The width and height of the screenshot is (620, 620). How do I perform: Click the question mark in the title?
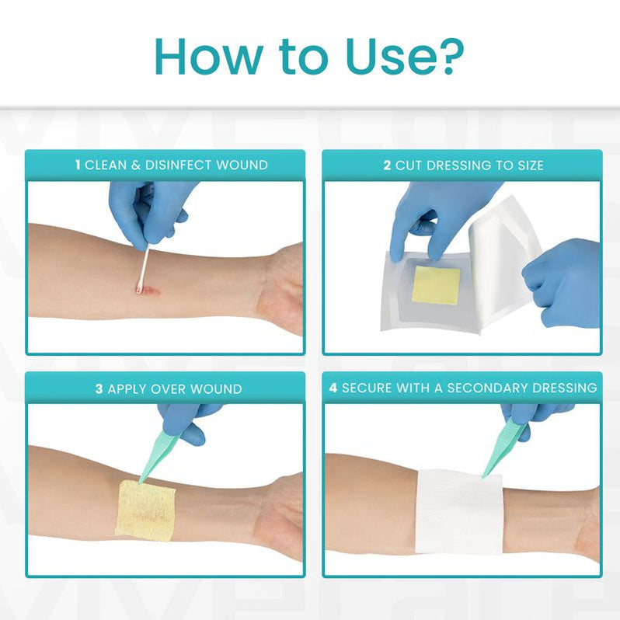point(450,55)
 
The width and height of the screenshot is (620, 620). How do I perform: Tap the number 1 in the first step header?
point(78,165)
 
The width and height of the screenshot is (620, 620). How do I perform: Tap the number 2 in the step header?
point(387,165)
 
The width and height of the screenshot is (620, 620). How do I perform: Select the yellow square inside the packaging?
point(436,285)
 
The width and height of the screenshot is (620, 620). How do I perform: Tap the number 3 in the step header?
point(99,388)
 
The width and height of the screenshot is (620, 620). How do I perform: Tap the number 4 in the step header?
point(333,388)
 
